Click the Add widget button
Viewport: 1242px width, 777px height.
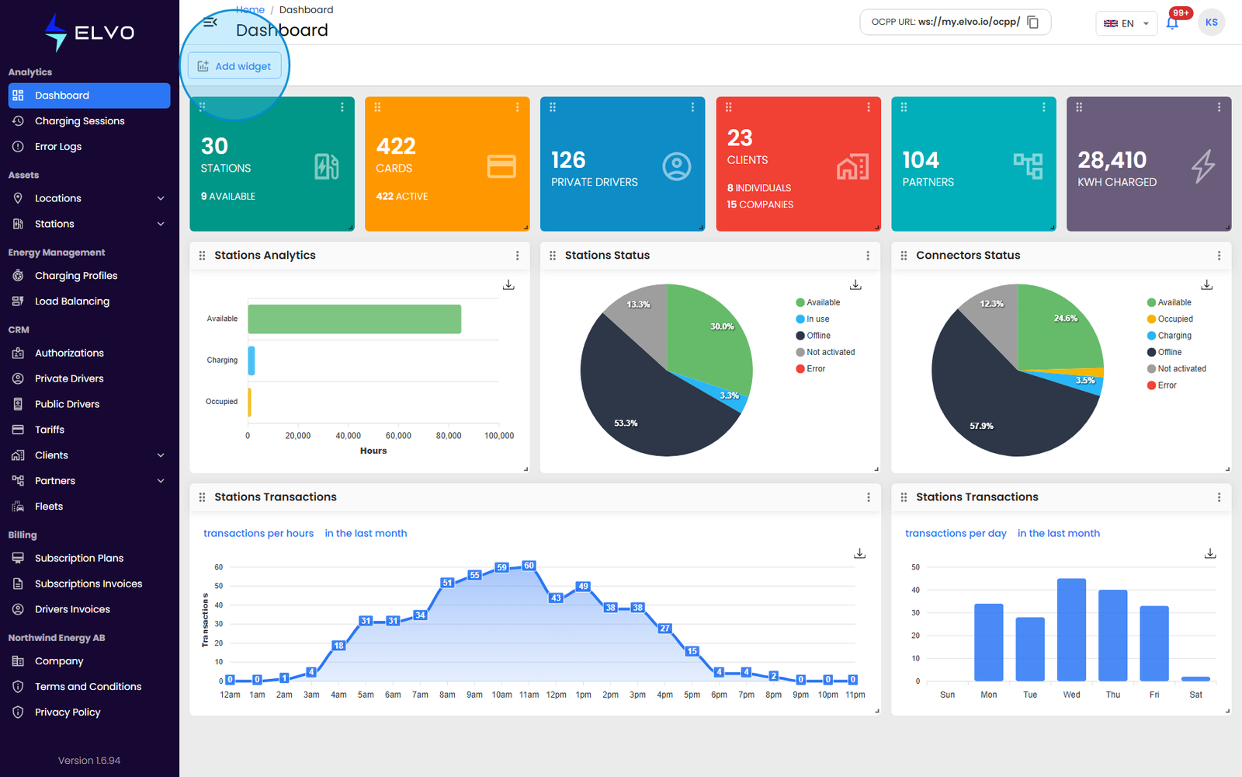click(234, 66)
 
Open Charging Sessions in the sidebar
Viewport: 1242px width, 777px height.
click(79, 121)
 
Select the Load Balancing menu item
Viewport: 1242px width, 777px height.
click(72, 301)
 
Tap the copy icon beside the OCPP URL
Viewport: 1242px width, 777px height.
click(1033, 23)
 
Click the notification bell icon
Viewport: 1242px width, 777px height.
click(1171, 23)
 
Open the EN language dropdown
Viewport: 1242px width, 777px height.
click(1126, 23)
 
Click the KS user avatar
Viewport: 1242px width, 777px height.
click(1211, 23)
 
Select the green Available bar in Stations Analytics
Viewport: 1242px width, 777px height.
click(354, 319)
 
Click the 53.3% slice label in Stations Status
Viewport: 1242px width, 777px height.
click(626, 423)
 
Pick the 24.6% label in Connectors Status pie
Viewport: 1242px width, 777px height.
click(1065, 318)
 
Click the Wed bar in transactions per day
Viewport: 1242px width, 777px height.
click(1071, 630)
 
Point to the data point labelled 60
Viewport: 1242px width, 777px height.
click(529, 566)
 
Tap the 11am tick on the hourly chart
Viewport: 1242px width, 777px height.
click(529, 695)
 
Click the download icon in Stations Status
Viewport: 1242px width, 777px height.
click(855, 284)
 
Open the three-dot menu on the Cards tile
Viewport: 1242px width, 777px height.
click(517, 107)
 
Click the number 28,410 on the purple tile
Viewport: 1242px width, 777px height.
click(1112, 160)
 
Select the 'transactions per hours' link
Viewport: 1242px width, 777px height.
click(258, 533)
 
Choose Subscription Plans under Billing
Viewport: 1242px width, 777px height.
click(78, 559)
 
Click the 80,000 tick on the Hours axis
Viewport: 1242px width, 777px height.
click(448, 436)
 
